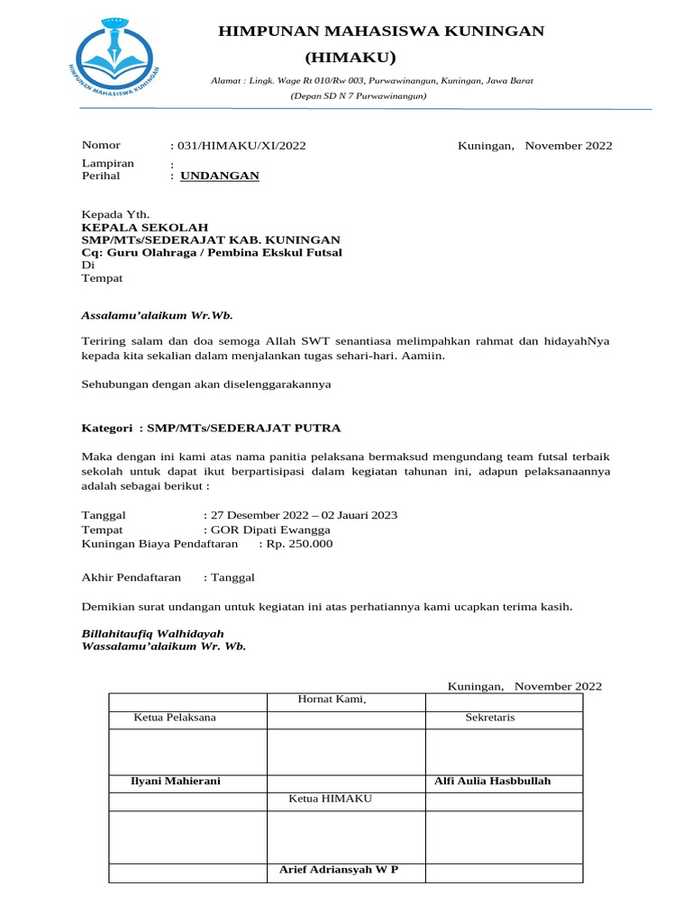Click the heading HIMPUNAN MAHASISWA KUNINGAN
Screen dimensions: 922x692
(x=382, y=32)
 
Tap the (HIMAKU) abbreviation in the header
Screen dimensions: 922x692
(x=351, y=58)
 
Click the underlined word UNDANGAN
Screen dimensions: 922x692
(x=220, y=176)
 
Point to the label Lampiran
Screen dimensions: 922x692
(x=108, y=163)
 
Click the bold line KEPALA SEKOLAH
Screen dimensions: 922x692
(x=145, y=227)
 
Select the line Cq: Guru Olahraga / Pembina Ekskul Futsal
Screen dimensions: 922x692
(x=212, y=252)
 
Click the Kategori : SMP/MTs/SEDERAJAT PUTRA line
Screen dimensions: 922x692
(x=212, y=428)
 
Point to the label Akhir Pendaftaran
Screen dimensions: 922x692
(x=132, y=576)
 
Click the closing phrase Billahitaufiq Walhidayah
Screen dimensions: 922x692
(x=153, y=633)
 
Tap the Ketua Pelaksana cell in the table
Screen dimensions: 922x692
(x=175, y=717)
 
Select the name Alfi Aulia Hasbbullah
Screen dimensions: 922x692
(x=493, y=781)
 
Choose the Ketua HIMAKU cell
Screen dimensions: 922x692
(x=330, y=799)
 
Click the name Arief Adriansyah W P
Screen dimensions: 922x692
(x=339, y=869)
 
